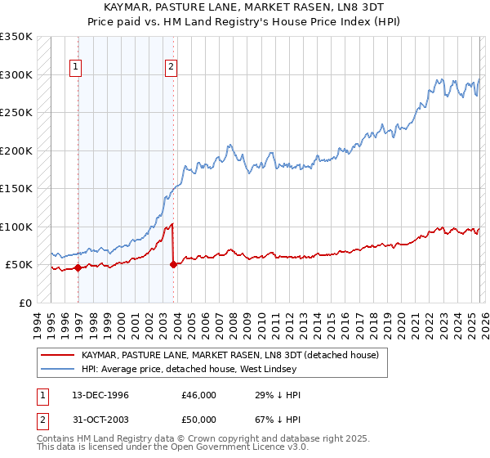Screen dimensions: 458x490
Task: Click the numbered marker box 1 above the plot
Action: click(75, 68)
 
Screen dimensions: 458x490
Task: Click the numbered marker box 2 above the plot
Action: click(171, 68)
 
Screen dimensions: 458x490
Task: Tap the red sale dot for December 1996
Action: click(78, 267)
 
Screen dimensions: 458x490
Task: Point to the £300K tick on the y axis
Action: click(16, 74)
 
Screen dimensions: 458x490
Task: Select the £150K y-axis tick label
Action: click(16, 188)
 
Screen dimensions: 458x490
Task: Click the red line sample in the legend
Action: click(57, 356)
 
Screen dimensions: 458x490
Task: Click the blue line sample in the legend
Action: click(57, 370)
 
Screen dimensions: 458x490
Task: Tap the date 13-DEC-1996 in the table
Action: click(100, 395)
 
